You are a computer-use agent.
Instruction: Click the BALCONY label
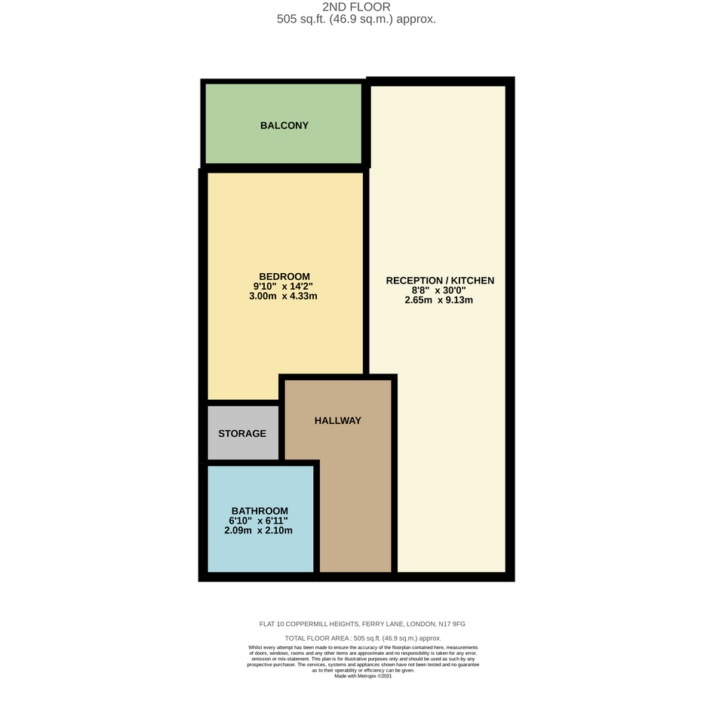(284, 125)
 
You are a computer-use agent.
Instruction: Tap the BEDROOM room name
(284, 276)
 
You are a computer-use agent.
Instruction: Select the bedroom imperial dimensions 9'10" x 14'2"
(283, 286)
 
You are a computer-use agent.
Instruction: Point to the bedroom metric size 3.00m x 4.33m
(283, 296)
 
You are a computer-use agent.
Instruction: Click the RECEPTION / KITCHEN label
(440, 281)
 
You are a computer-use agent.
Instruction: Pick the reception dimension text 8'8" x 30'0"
(439, 290)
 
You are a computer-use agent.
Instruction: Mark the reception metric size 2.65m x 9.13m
(439, 300)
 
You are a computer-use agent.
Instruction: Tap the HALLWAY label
(338, 420)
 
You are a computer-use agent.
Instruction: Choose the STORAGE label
(242, 434)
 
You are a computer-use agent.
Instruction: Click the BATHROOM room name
(260, 511)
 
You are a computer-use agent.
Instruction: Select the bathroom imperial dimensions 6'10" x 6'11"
(258, 521)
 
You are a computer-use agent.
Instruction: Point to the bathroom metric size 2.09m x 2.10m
(258, 530)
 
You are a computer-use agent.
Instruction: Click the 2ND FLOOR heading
(356, 7)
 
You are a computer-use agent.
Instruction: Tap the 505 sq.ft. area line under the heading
(356, 19)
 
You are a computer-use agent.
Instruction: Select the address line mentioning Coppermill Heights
(362, 624)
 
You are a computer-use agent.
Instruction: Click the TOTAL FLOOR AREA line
(363, 638)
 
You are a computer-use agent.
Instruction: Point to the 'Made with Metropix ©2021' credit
(363, 676)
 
